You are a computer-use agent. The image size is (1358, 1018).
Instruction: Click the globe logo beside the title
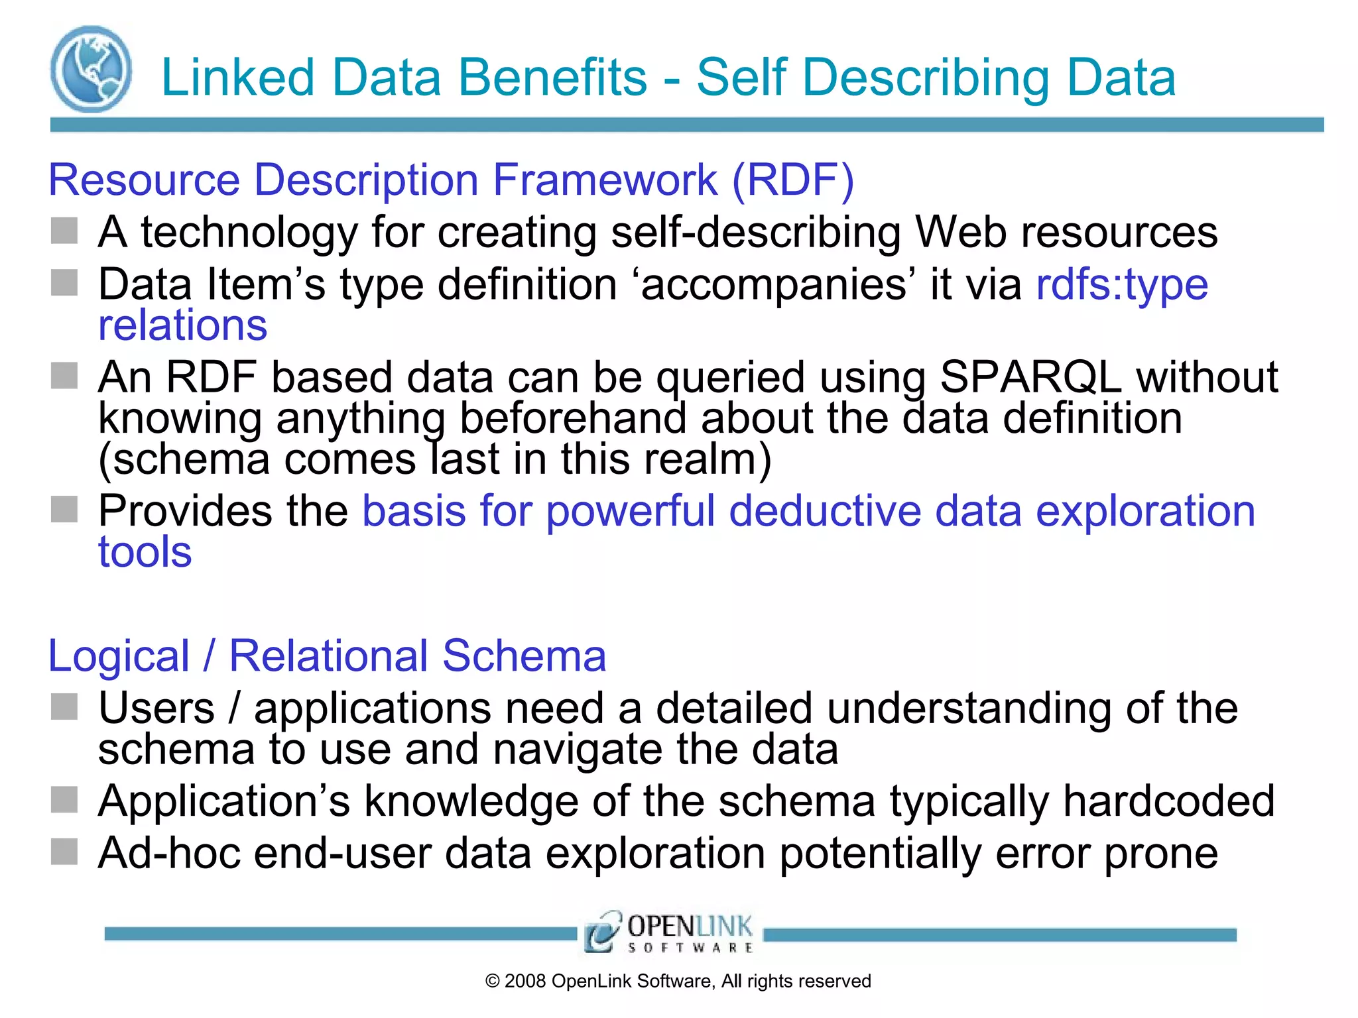(x=91, y=69)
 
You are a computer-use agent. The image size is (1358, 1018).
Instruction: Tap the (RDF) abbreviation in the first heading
(x=793, y=180)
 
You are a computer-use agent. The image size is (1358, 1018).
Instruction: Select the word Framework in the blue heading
(x=605, y=180)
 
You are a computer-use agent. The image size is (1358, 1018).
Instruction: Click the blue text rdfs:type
(x=1122, y=285)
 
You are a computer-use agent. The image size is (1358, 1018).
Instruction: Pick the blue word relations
(x=182, y=325)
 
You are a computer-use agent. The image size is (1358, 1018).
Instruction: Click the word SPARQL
(x=1030, y=377)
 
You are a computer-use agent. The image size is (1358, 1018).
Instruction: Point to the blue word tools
(x=145, y=552)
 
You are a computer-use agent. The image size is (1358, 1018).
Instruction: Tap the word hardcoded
(x=1169, y=801)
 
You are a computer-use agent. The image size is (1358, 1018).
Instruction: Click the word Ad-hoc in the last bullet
(x=168, y=853)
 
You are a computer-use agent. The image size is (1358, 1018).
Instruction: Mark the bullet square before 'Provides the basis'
(x=64, y=509)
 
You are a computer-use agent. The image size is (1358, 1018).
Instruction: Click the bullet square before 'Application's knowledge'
(x=64, y=799)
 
